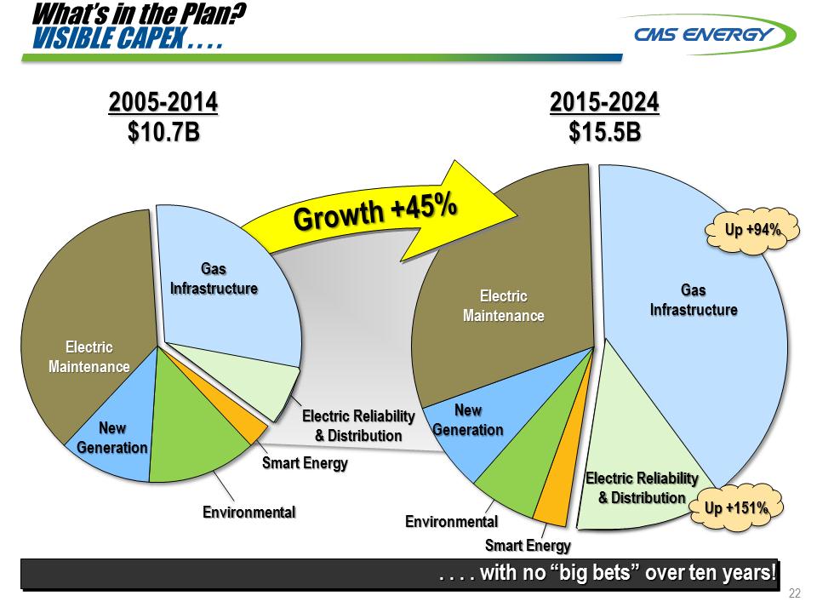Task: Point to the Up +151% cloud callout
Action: pyautogui.click(x=736, y=508)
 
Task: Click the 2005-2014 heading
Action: pyautogui.click(x=163, y=103)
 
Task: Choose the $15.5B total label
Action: pyautogui.click(x=604, y=133)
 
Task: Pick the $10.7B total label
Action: pyautogui.click(x=163, y=133)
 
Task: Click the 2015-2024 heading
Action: pyautogui.click(x=604, y=103)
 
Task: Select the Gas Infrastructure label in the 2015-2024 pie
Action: pyautogui.click(x=694, y=301)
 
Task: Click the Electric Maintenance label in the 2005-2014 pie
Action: pyautogui.click(x=89, y=357)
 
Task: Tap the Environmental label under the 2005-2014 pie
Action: pyautogui.click(x=249, y=513)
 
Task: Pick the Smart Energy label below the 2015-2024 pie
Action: pyautogui.click(x=528, y=546)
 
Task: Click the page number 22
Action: pyautogui.click(x=796, y=593)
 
